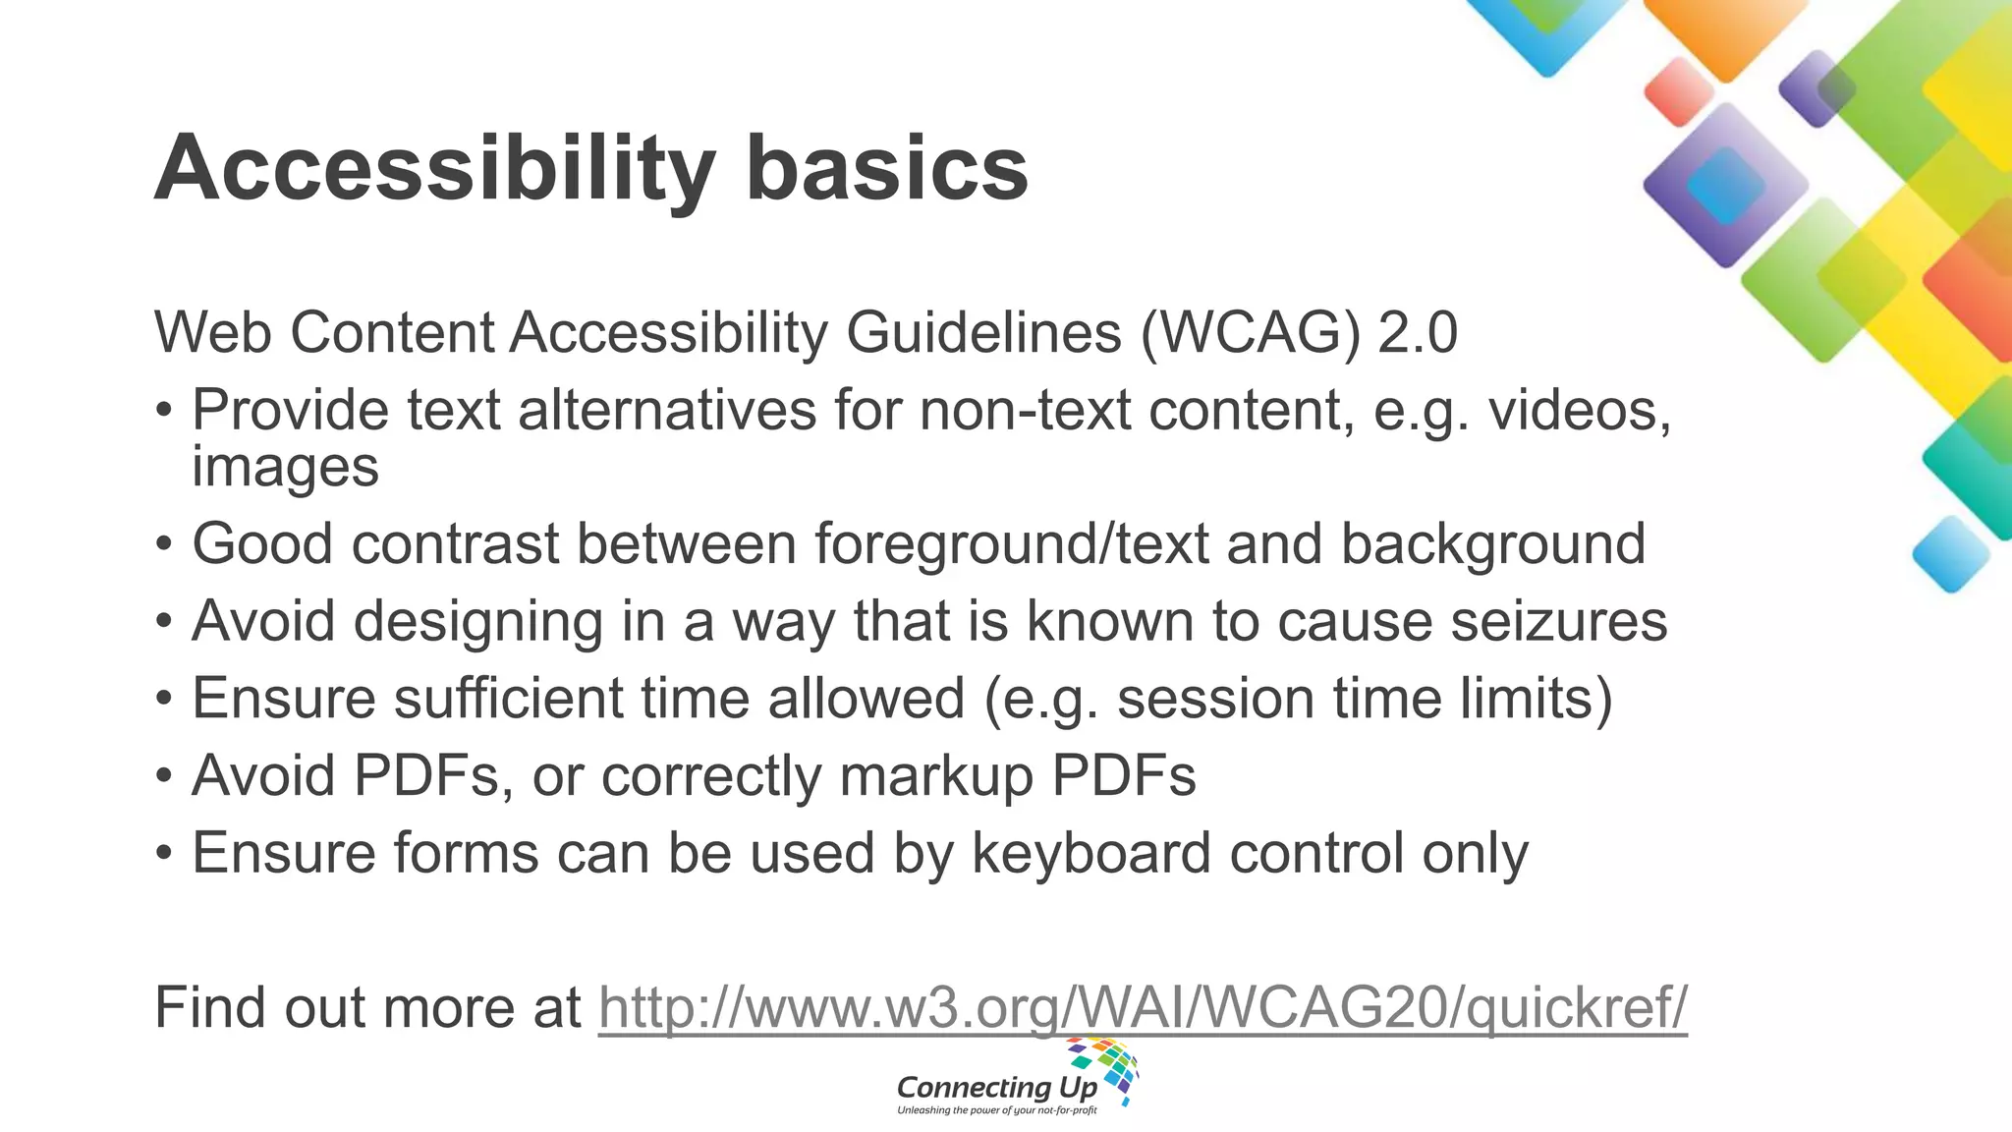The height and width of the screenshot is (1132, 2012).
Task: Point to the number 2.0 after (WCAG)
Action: tap(1418, 332)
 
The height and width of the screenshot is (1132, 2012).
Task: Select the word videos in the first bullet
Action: tap(1580, 410)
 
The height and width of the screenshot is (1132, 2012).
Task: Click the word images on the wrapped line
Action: tap(285, 467)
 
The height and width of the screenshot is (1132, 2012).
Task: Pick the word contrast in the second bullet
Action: tap(456, 543)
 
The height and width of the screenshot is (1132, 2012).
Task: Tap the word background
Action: tap(1493, 545)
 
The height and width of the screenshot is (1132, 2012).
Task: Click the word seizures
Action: tap(1559, 621)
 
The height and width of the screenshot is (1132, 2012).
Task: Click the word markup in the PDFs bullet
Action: tap(936, 776)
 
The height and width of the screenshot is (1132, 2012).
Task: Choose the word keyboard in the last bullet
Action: tap(1091, 853)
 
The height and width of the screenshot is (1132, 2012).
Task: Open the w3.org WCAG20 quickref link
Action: tap(1143, 1008)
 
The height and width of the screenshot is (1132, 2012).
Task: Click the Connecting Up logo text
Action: tap(996, 1088)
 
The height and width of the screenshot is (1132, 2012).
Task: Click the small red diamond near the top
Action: tap(1678, 91)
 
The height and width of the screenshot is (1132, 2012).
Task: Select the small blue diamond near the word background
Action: tap(1951, 554)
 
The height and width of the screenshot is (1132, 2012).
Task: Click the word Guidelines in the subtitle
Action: tap(983, 332)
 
